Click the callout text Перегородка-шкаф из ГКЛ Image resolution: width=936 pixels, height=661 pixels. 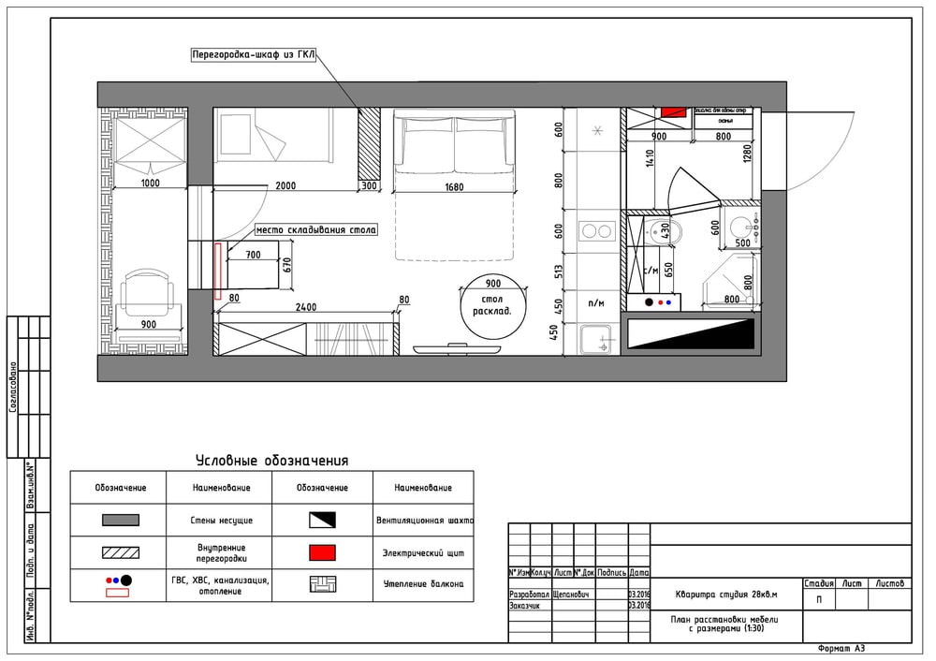[253, 55]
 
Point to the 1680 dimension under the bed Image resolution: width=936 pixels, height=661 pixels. [455, 186]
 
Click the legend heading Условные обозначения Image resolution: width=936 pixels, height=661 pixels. [271, 460]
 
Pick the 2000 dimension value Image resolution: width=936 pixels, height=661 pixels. [285, 185]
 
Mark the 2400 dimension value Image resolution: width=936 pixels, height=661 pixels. [305, 306]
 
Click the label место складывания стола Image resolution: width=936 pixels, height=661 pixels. [315, 229]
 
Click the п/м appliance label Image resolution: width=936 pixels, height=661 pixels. [596, 302]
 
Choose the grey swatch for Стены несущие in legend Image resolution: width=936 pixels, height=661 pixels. [120, 520]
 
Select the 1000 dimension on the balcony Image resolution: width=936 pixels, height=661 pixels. [150, 184]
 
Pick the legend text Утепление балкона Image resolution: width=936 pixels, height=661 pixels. [423, 584]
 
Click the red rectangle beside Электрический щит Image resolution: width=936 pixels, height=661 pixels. [322, 553]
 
